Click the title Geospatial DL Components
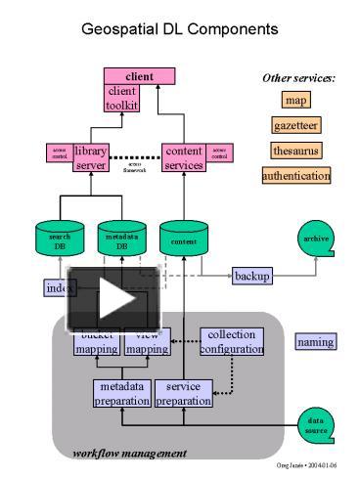pos(180,29)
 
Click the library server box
pos(90,157)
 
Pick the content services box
pos(184,157)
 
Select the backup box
pos(252,277)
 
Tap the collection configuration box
pos(232,341)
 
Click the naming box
pos(315,342)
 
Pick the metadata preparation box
pos(122,393)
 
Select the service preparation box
pos(183,393)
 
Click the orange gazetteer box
pos(296,125)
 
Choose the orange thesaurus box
pos(296,151)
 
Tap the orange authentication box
pos(296,176)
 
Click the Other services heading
pos(297,77)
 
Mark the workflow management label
pos(129,453)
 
